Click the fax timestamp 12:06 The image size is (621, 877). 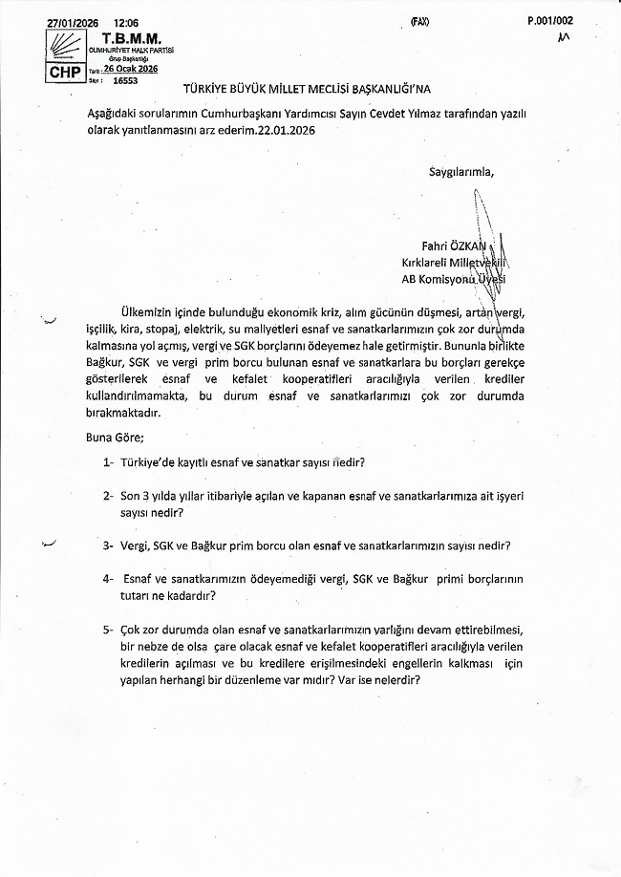coord(124,20)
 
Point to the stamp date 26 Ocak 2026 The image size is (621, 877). coord(131,69)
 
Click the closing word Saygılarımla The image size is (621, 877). coord(461,172)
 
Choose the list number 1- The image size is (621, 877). coord(110,461)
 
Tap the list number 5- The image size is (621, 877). coord(110,630)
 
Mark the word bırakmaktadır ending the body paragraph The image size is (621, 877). coord(123,413)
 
